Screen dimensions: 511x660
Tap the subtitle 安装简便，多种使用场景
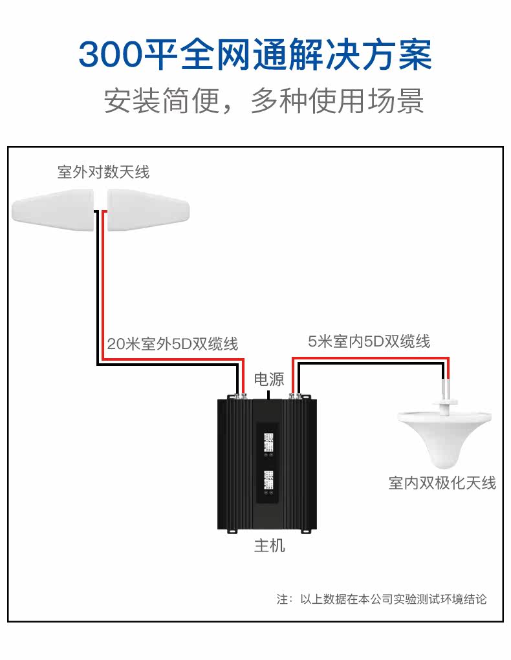click(264, 101)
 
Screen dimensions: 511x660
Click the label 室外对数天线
click(103, 172)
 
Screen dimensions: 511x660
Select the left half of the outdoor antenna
click(52, 210)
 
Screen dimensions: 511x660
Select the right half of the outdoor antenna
click(148, 210)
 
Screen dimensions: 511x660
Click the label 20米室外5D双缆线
click(173, 344)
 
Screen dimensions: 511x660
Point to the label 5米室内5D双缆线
click(369, 341)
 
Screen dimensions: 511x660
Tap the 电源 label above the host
click(269, 379)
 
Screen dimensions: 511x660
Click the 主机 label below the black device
click(270, 546)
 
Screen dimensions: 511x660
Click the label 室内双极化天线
click(442, 483)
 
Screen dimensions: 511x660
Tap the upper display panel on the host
click(268, 444)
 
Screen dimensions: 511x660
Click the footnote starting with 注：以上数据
click(382, 599)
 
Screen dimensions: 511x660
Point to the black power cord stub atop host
click(269, 395)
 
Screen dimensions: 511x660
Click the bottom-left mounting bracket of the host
click(233, 531)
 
